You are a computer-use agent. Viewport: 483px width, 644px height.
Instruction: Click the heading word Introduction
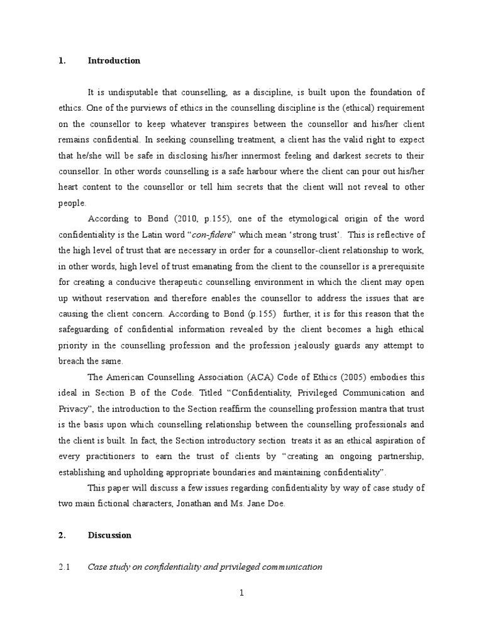coord(114,61)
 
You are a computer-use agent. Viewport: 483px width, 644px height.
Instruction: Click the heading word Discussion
coord(109,535)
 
